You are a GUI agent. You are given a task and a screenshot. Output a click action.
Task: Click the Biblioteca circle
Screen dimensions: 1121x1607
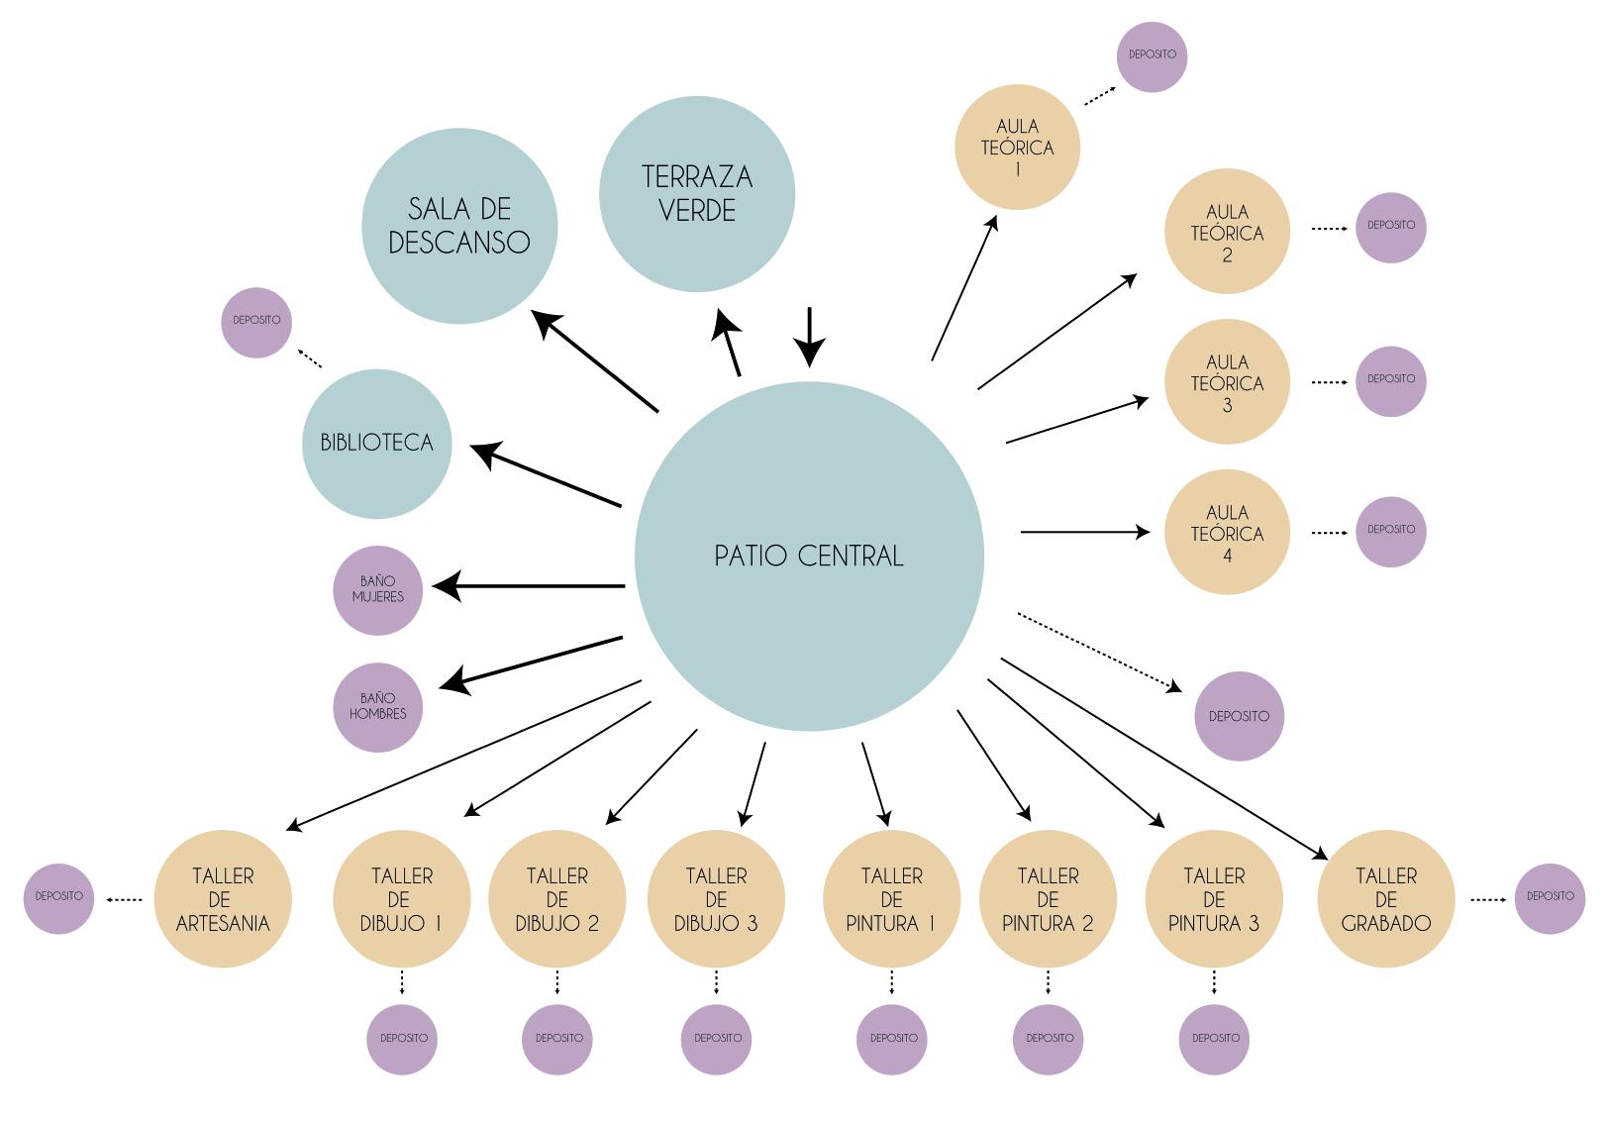376,443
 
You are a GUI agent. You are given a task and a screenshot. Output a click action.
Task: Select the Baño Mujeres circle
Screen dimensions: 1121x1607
377,590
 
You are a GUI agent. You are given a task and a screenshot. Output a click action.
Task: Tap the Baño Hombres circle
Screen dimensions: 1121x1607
377,707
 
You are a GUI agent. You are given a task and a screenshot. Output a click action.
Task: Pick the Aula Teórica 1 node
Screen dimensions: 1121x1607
1017,147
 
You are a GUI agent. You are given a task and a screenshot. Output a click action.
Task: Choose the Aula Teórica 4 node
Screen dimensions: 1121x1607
1227,533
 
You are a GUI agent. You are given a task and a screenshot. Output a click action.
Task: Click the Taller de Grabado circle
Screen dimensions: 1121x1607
1385,899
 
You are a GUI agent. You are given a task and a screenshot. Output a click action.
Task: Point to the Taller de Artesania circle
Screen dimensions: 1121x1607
223,899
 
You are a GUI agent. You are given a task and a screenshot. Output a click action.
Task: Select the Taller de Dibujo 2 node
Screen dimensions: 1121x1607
556,899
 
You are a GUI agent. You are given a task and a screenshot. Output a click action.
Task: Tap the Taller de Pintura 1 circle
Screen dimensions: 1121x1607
891,899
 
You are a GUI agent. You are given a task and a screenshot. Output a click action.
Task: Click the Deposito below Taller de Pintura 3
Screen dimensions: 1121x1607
1215,1038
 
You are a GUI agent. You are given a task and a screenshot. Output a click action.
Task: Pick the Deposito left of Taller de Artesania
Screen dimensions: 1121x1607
58,897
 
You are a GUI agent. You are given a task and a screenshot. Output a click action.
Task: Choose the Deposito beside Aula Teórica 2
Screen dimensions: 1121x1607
1390,227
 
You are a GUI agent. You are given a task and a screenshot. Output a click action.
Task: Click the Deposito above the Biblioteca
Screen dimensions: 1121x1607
256,322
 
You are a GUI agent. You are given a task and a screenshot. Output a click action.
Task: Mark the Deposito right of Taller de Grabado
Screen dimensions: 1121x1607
1550,897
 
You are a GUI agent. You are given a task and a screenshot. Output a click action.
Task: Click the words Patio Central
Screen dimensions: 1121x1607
809,557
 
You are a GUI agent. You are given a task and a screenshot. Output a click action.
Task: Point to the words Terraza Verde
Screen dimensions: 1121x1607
697,193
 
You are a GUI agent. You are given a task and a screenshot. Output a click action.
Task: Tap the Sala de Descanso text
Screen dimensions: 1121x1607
459,226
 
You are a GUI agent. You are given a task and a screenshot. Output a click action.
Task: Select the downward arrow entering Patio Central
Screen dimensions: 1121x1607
810,337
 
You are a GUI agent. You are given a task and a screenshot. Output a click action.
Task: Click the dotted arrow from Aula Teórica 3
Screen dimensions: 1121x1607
1329,381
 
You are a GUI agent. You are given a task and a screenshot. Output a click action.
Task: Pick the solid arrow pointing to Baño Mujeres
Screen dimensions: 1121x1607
530,586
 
